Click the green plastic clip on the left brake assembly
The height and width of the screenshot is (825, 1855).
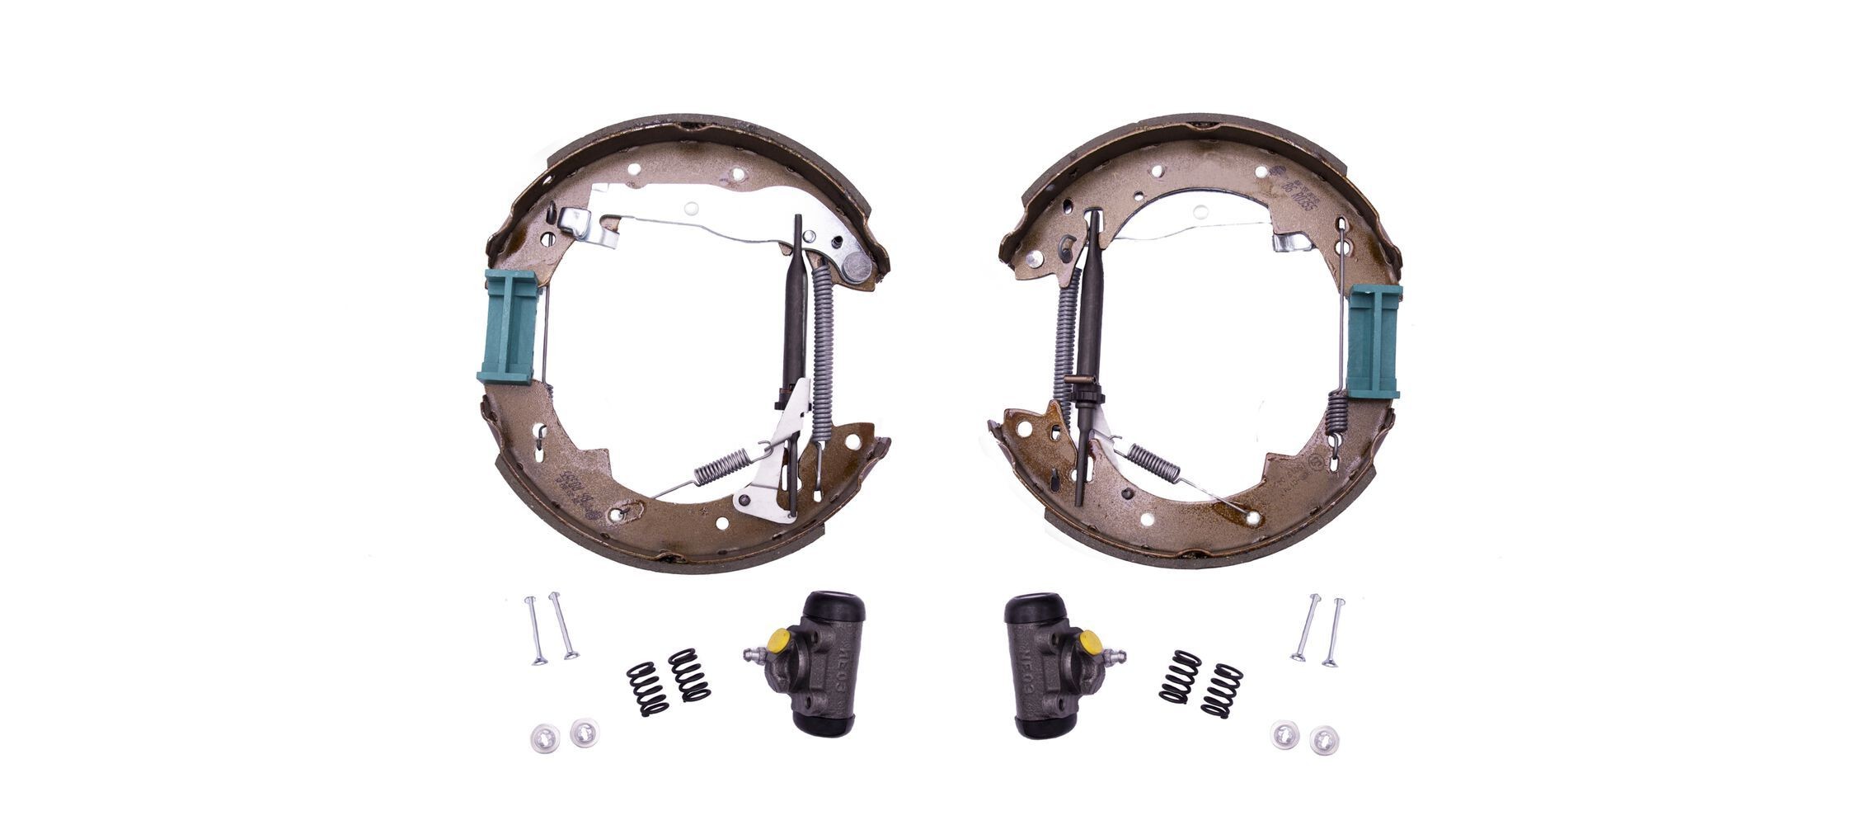click(509, 327)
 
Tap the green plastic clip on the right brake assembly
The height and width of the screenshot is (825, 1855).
click(1374, 340)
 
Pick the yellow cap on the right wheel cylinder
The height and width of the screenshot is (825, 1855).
click(1089, 641)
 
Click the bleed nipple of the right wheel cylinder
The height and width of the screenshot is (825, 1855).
click(1118, 657)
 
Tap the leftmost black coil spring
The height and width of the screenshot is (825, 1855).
click(646, 689)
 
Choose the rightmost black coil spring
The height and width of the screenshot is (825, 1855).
click(1222, 689)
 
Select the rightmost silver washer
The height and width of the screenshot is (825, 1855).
click(1323, 739)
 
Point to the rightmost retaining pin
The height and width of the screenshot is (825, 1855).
click(1333, 632)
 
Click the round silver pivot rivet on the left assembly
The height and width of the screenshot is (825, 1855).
click(857, 266)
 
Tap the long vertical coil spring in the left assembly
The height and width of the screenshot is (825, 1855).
click(824, 346)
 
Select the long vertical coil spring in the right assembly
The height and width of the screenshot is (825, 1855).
click(1066, 346)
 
